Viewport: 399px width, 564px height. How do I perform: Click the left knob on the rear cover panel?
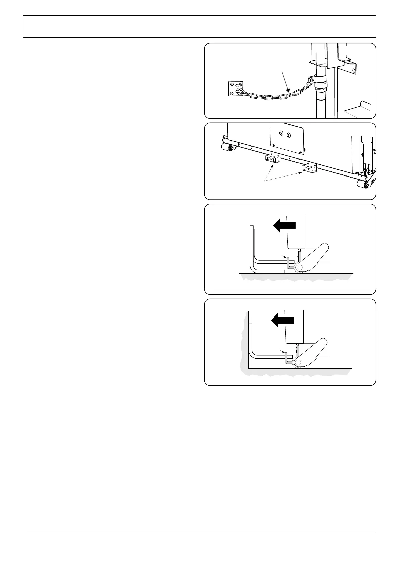tap(281, 135)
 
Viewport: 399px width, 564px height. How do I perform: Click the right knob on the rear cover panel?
tap(289, 136)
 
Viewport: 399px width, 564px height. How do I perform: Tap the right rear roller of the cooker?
tap(362, 184)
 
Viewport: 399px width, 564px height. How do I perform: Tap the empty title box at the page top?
tap(199, 26)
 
